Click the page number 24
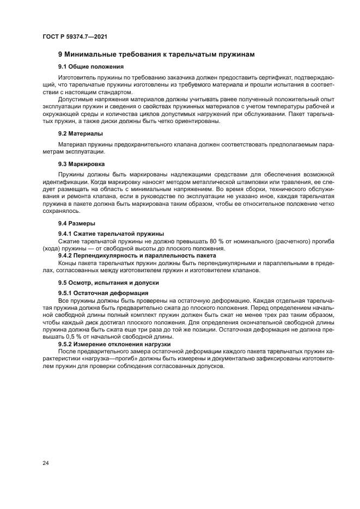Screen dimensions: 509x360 [x=46, y=463]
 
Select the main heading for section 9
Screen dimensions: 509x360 [x=156, y=54]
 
